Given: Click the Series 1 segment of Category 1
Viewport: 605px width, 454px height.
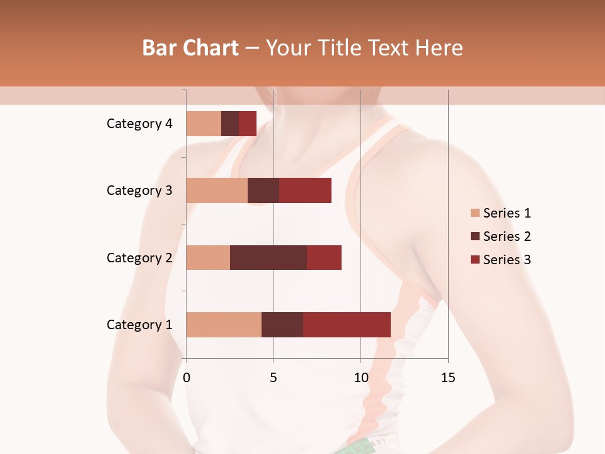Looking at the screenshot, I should point(224,325).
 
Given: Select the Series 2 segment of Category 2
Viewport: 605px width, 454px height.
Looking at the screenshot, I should point(268,257).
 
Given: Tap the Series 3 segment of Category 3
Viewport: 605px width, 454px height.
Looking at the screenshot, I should point(305,190).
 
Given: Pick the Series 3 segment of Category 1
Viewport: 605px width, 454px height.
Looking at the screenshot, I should point(347,325).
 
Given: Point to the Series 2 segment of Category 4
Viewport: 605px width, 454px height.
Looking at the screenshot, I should point(230,124).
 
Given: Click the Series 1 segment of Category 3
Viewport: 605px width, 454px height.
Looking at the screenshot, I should point(217,190).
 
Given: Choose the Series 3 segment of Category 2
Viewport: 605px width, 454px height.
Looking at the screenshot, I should point(324,257).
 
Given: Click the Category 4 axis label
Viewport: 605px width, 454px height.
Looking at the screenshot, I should point(139,124).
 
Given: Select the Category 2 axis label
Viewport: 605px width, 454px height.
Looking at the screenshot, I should point(139,257).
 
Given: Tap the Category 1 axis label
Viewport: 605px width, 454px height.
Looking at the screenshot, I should point(139,325).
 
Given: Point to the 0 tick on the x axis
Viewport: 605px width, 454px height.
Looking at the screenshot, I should point(187,378).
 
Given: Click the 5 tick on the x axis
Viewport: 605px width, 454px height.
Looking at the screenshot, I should point(274,378).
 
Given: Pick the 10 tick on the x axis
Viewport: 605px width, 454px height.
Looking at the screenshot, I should point(360,378).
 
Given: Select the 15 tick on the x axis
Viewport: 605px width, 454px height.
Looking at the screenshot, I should point(447,378).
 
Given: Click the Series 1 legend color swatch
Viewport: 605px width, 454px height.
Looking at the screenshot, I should point(475,213).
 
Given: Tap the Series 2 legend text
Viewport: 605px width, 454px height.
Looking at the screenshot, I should point(507,236).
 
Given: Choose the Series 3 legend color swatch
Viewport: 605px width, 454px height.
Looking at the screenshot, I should point(475,260).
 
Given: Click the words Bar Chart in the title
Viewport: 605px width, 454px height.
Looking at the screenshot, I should point(190,48).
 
